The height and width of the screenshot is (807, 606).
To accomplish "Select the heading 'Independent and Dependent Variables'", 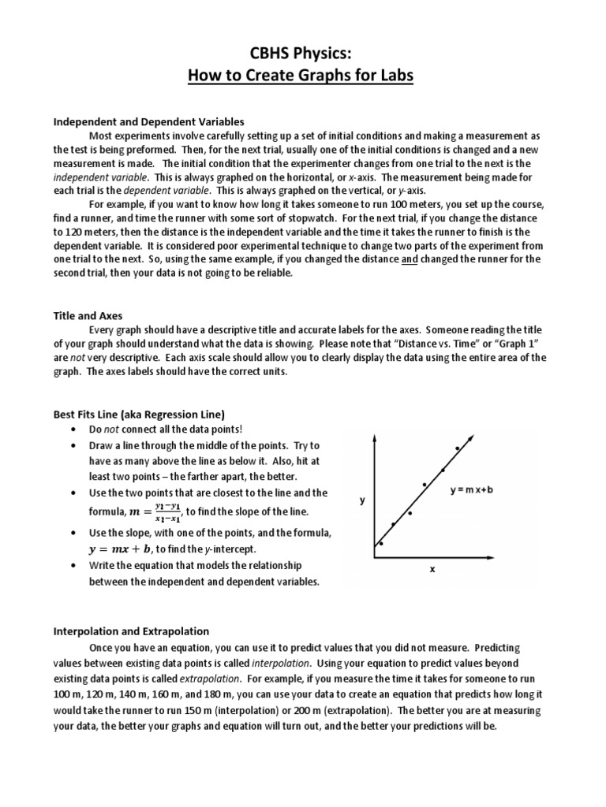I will coord(148,121).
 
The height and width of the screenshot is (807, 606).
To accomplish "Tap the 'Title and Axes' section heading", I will coord(88,315).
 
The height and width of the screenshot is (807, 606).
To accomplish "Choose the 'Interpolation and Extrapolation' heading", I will coord(131,631).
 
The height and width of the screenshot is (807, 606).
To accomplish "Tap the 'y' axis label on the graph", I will coord(362,500).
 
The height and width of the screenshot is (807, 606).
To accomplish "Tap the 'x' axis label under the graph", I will coord(432,568).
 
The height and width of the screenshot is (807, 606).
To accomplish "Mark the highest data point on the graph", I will coord(457,448).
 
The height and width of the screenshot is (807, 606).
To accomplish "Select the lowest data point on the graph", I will coord(381,543).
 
